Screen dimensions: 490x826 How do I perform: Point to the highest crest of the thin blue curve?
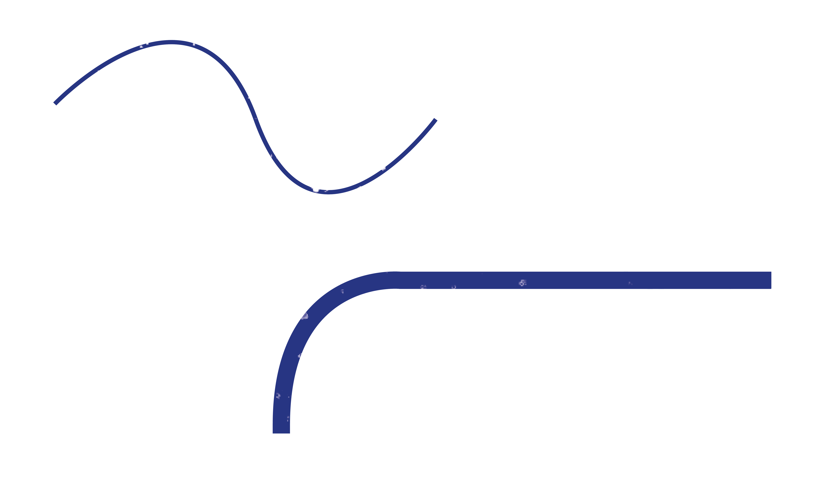tap(171, 42)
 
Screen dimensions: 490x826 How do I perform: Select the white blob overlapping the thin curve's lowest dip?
tap(315, 187)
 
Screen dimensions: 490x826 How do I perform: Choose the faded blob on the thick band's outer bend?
tap(304, 315)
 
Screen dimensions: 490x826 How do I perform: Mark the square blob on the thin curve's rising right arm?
tap(382, 167)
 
